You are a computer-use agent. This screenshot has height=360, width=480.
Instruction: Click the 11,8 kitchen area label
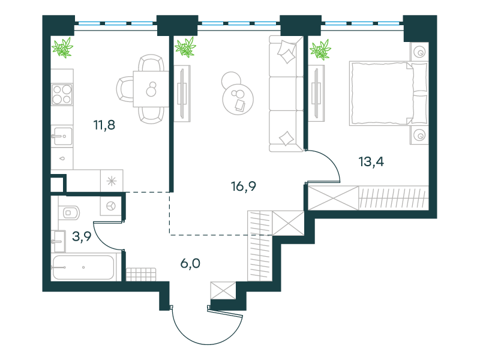tap(104, 125)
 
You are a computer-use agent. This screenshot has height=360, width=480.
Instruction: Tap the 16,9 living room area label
tap(244, 186)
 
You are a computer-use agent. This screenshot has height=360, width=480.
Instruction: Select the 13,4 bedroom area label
tap(371, 161)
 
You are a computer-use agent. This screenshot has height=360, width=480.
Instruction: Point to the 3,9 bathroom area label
tap(82, 236)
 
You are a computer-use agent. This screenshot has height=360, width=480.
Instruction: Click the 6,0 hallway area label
tap(190, 263)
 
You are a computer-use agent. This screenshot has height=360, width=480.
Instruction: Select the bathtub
tap(83, 268)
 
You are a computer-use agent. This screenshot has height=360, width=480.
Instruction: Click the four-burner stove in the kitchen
tap(62, 94)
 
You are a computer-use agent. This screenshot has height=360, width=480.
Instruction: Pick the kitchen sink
tap(62, 136)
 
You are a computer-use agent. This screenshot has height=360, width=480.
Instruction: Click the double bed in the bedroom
tap(388, 94)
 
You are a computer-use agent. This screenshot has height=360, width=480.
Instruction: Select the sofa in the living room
tap(286, 94)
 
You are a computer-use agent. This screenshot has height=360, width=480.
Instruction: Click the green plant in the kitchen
tap(62, 47)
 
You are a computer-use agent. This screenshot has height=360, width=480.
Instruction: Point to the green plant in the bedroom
tap(320, 50)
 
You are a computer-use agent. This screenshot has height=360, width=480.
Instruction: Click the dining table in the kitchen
tap(151, 89)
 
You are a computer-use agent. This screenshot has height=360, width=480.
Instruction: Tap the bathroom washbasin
tap(58, 242)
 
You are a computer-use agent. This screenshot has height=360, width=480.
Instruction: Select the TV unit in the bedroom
tap(316, 93)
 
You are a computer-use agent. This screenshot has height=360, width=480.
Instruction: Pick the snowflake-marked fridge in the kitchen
tap(112, 181)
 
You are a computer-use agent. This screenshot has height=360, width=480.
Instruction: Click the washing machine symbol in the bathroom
tap(111, 206)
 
